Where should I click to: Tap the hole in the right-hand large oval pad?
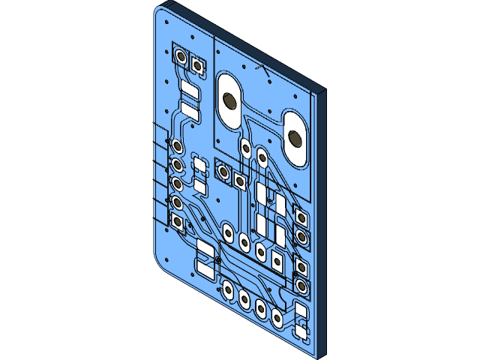297,137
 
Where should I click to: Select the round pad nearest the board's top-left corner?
181,56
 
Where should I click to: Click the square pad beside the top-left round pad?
198,65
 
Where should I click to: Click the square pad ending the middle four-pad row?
277,260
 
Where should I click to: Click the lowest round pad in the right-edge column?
301,285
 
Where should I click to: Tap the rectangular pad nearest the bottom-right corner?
301,328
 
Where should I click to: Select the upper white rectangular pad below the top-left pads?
190,92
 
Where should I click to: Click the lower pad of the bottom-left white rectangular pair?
205,266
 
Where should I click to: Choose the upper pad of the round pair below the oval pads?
245,145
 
